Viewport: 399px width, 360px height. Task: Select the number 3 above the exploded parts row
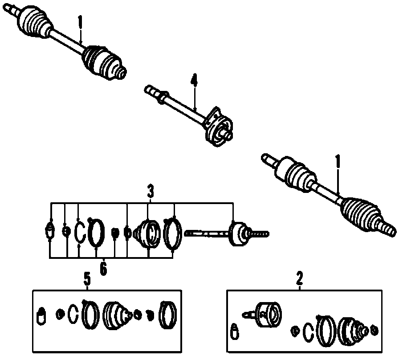pos(151,192)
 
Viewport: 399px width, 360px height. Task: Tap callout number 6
pos(103,269)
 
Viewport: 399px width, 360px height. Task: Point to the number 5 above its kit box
pos(87,280)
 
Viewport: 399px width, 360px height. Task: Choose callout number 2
pos(299,279)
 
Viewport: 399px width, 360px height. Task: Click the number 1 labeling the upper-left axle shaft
pos(80,21)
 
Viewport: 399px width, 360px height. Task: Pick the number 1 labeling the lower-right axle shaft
pos(338,161)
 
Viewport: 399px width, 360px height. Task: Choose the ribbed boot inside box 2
pos(350,331)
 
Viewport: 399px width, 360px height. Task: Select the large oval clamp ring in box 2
pos(324,331)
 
